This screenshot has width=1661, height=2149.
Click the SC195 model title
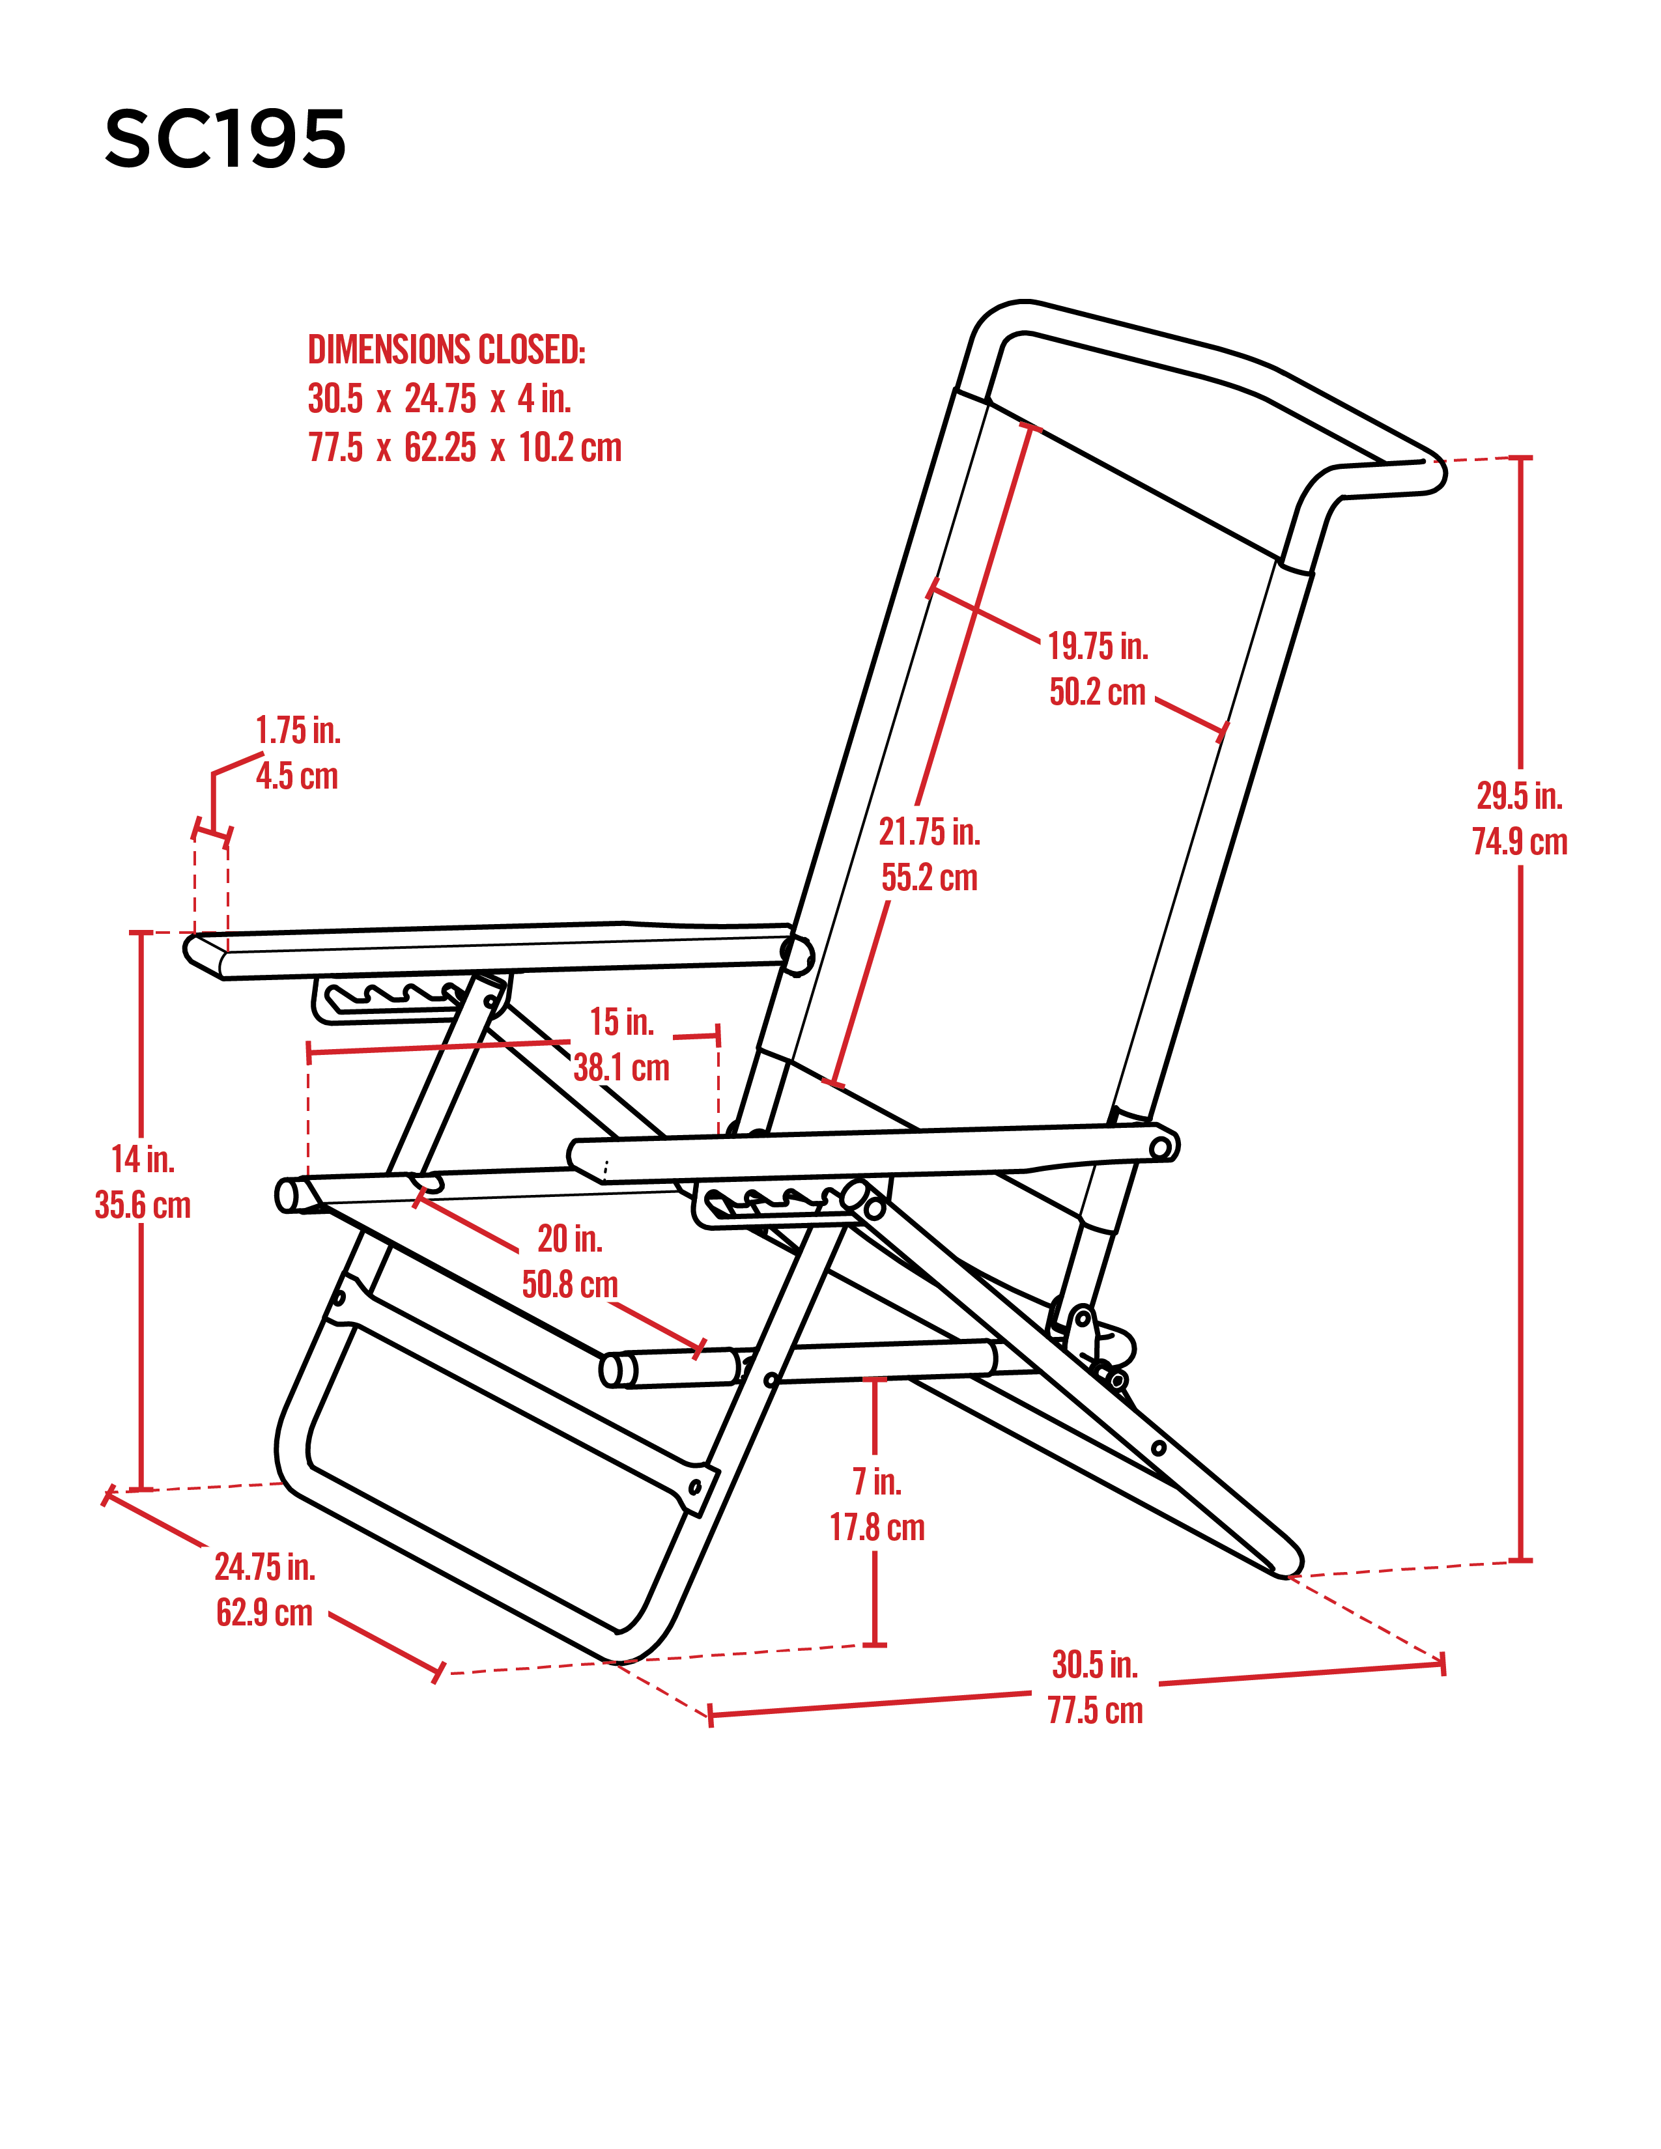pos(225,139)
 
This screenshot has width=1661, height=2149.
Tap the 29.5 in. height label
pos(1519,795)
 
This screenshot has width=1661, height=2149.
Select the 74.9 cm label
pos(1519,841)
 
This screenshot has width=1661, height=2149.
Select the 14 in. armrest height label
pos(143,1159)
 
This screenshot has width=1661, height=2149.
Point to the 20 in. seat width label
pos(570,1238)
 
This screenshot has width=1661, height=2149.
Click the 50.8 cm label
pos(570,1284)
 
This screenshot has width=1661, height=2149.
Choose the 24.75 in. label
pos(264,1566)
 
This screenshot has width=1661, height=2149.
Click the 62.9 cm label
pos(264,1613)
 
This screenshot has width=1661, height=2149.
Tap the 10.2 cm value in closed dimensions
pos(571,448)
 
